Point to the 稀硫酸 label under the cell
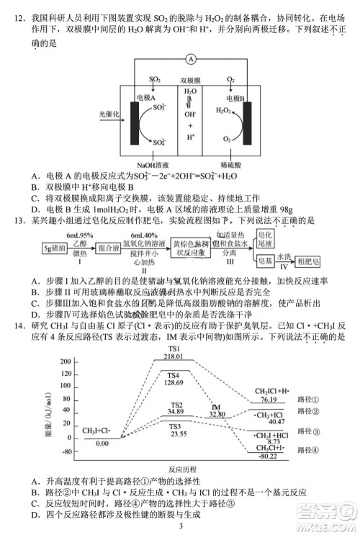(x=231, y=164)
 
